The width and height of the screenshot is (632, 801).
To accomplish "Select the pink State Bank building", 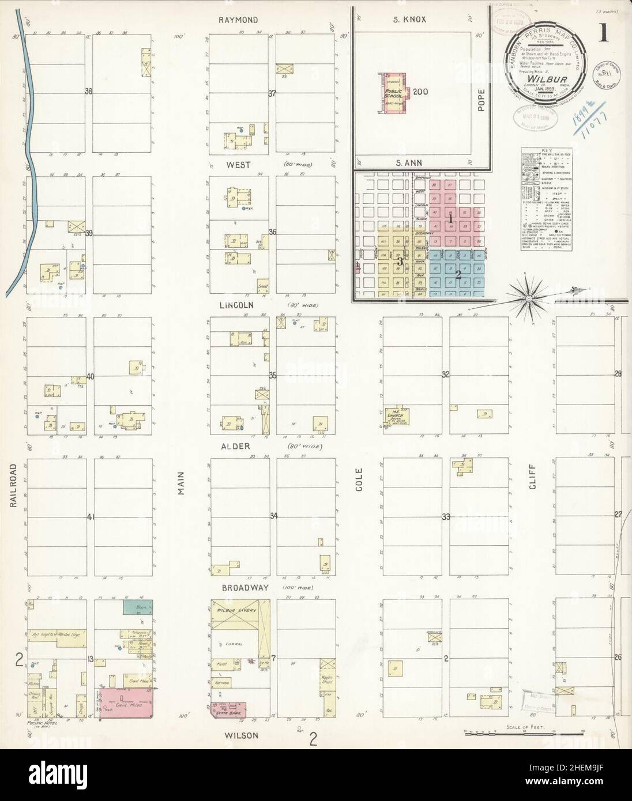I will tap(226, 711).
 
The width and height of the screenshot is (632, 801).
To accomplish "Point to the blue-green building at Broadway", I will tap(137, 606).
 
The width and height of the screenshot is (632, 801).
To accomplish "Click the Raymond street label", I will tap(238, 20).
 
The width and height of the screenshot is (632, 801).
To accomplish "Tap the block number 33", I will tap(445, 516).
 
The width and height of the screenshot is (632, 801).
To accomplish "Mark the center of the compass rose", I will tap(528, 298).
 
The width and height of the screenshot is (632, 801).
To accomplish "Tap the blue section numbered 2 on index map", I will tap(458, 275).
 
